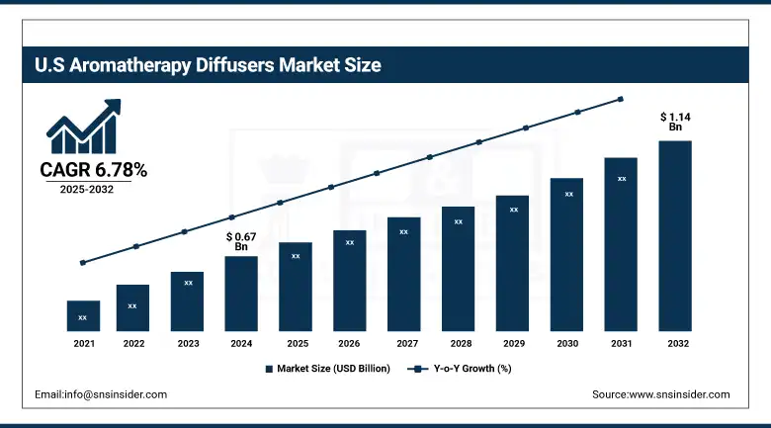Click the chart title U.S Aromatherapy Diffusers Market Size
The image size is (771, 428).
coord(208,66)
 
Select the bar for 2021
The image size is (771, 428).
coord(83,316)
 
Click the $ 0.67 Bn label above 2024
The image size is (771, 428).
coord(242,241)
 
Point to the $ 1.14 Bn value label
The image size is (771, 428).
coord(675,123)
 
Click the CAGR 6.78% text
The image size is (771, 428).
coord(93,171)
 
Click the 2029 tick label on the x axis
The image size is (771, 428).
coord(512,343)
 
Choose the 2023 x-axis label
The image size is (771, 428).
coord(187,343)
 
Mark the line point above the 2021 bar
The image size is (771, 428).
coord(83,263)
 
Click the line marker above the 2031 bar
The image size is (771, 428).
coord(621,99)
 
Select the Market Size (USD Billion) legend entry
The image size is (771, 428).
coord(327,369)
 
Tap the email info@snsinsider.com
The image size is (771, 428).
coord(101,394)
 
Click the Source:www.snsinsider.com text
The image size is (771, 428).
coord(660,394)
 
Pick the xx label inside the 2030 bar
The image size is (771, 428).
coord(568,194)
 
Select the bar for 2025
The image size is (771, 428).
coord(296,287)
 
